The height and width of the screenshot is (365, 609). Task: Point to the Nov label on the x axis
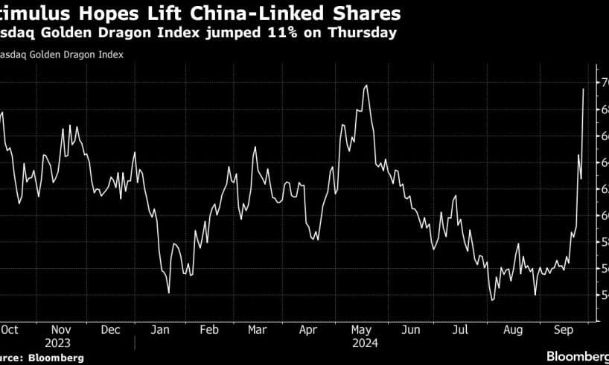[x=62, y=329]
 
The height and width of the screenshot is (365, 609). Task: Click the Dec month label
[x=110, y=329]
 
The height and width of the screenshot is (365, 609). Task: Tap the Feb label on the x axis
[x=210, y=329]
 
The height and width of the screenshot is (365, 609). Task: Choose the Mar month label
[x=257, y=329]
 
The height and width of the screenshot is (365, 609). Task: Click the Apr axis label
[x=307, y=329]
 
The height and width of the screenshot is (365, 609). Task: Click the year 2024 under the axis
[x=365, y=343]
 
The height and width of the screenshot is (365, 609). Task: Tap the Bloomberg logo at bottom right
[x=578, y=357]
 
